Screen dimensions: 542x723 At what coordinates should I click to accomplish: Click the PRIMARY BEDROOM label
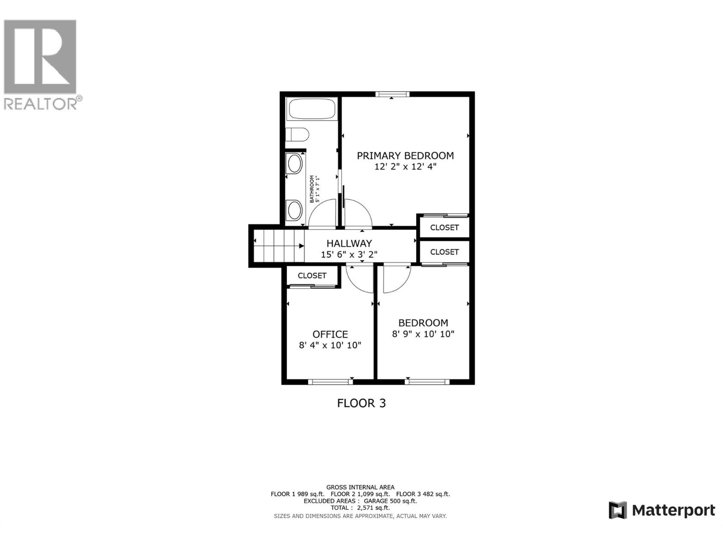[x=405, y=156]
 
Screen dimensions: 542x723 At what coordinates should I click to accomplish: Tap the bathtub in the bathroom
[x=312, y=109]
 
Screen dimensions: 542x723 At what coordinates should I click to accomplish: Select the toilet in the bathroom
[x=297, y=135]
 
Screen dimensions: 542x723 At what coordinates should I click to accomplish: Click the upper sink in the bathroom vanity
[x=295, y=164]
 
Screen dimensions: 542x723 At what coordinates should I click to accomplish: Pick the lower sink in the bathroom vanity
[x=295, y=210]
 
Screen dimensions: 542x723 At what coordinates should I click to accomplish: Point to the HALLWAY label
[x=349, y=243]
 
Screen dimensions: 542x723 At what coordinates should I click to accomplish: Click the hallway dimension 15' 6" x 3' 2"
[x=349, y=255]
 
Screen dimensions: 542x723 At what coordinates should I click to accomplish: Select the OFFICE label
[x=330, y=334]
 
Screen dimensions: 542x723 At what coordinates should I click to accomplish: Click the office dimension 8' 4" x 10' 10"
[x=330, y=346]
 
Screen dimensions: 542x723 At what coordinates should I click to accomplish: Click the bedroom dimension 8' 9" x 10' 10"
[x=423, y=334]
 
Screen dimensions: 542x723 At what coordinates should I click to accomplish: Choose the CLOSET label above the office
[x=312, y=276]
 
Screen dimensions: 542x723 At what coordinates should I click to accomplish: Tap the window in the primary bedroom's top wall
[x=392, y=94]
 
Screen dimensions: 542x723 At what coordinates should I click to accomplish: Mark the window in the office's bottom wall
[x=330, y=382]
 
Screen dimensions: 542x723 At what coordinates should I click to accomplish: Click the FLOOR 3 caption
[x=361, y=403]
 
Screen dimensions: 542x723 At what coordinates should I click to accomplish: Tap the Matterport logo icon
[x=618, y=510]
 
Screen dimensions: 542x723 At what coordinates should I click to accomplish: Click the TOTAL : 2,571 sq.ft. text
[x=360, y=508]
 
